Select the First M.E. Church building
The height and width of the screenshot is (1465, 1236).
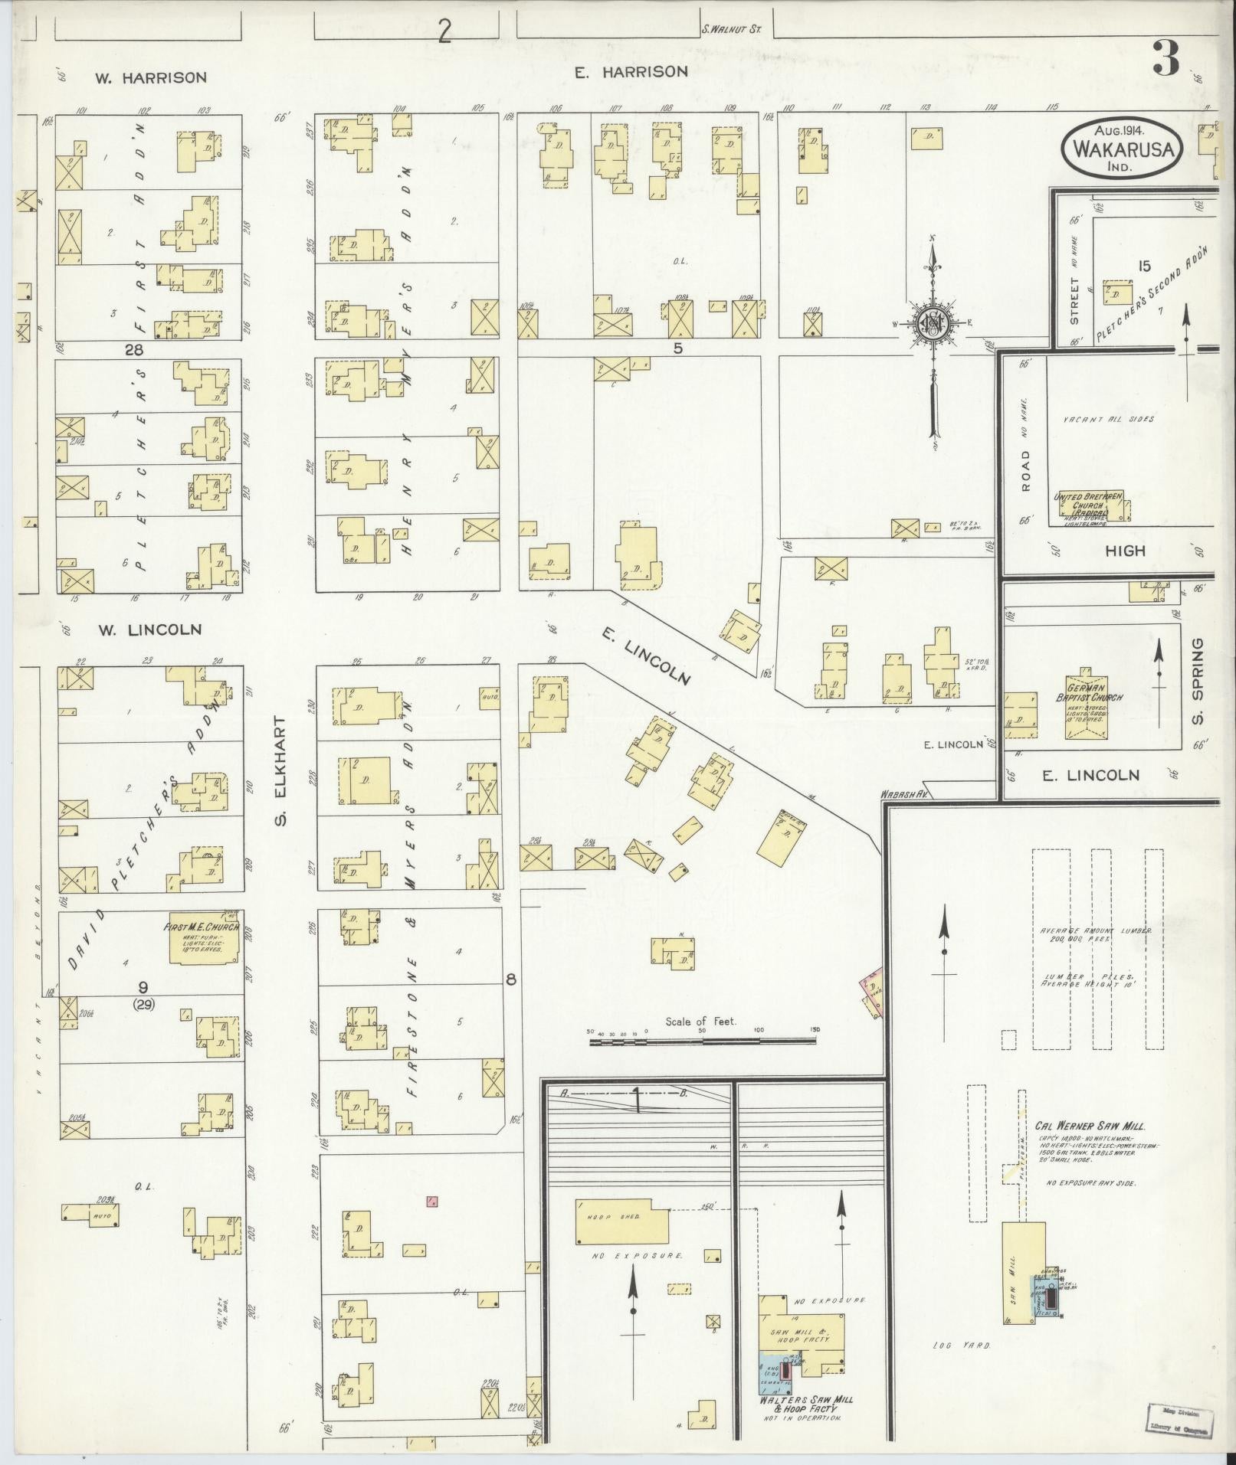(203, 938)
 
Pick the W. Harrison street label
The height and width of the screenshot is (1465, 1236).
(151, 77)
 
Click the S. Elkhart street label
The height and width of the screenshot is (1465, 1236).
(280, 772)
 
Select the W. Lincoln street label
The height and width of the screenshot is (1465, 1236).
(149, 629)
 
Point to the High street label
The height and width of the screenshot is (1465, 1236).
(1125, 551)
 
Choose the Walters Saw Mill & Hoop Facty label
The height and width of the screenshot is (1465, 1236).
(806, 1404)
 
